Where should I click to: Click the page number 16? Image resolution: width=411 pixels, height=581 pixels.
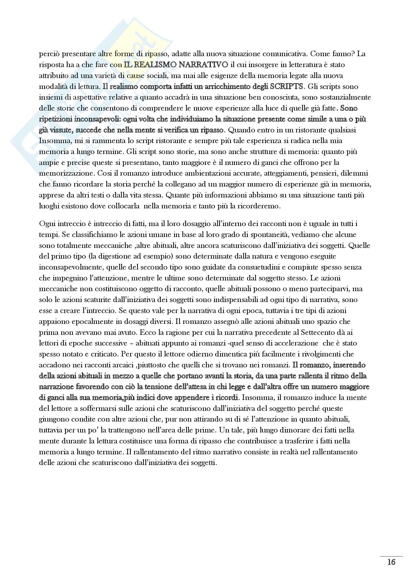[x=391, y=562]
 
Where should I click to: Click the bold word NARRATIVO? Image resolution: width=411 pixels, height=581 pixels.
[x=203, y=65]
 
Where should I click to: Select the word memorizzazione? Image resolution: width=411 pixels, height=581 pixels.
[x=66, y=173]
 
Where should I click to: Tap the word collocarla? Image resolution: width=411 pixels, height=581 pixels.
[x=123, y=206]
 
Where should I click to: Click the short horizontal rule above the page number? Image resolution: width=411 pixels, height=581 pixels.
[x=391, y=556]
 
